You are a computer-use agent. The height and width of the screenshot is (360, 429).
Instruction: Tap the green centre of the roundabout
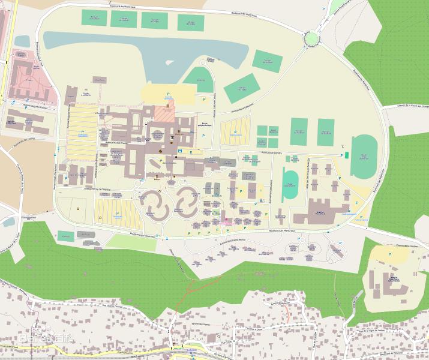[x=312, y=39]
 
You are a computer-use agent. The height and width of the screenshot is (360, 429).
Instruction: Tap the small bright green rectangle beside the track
[x=346, y=155]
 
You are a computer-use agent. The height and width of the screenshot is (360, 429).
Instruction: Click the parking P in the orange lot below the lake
[x=168, y=94]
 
